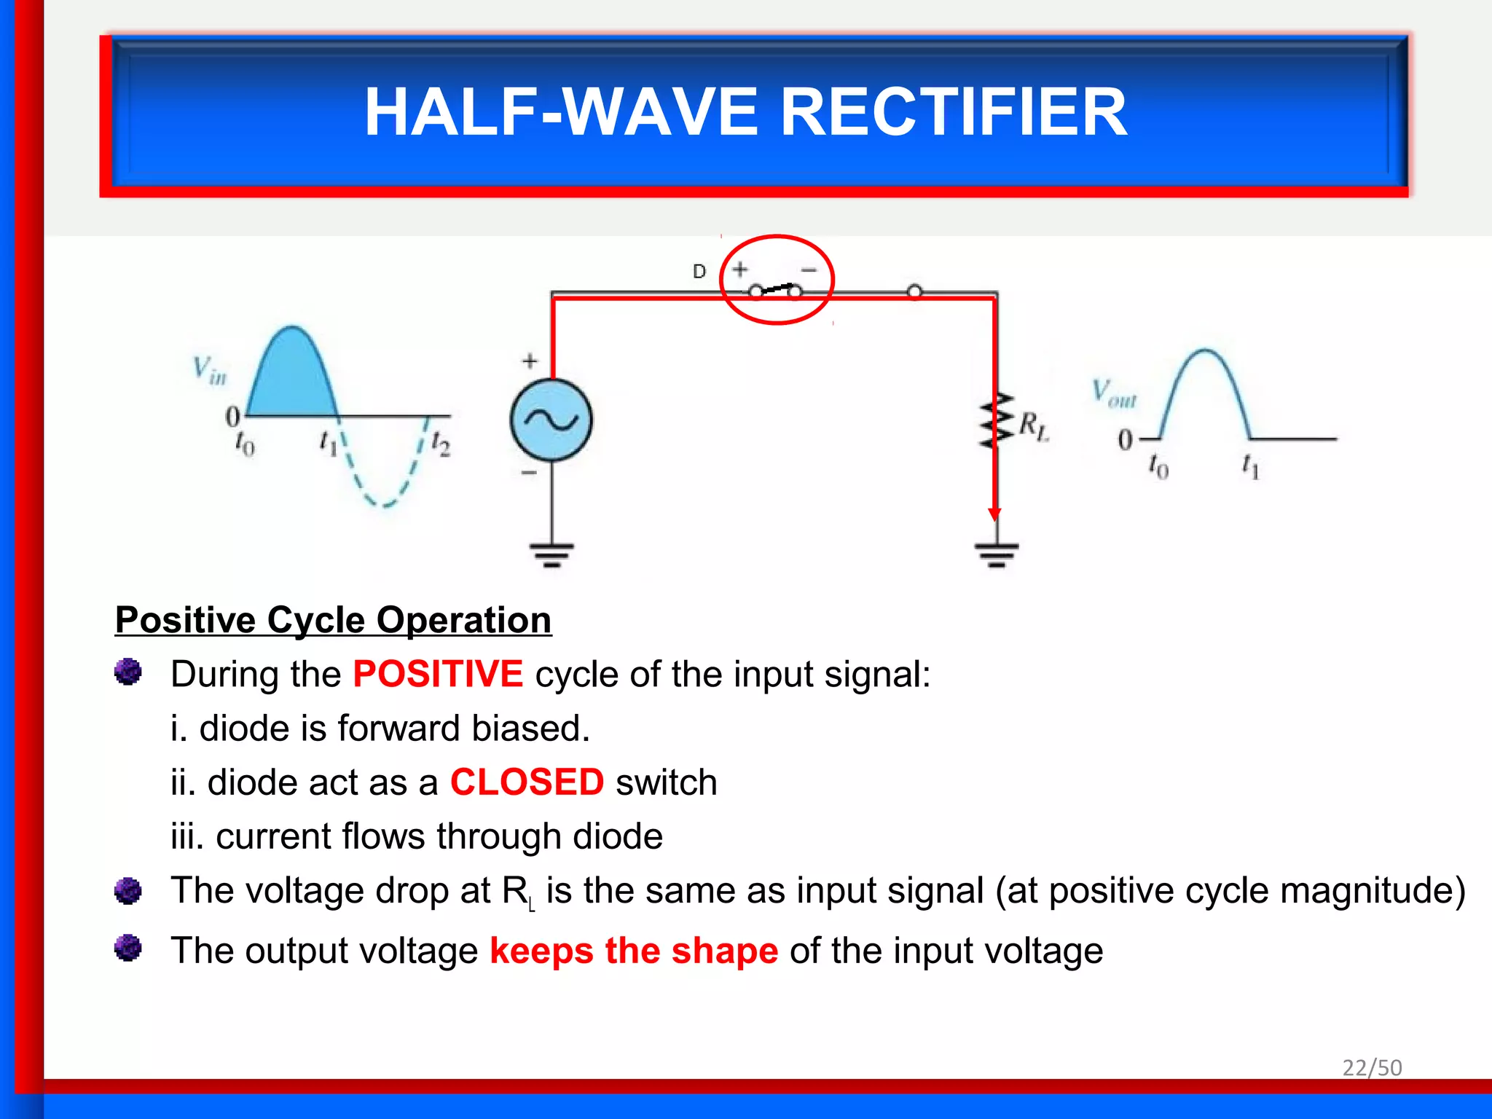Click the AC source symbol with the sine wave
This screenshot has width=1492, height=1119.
(x=551, y=420)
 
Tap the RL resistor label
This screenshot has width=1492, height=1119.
(x=1033, y=425)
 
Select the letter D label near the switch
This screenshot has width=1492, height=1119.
(x=699, y=272)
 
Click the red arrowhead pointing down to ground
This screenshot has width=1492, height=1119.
(x=994, y=514)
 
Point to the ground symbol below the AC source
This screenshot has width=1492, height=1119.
(x=551, y=554)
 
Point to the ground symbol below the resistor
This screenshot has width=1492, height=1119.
(x=997, y=554)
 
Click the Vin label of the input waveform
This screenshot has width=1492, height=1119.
(x=210, y=370)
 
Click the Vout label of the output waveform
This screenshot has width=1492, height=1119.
(x=1113, y=393)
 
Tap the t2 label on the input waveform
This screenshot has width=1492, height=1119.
(x=441, y=443)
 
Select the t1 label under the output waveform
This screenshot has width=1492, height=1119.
(x=1250, y=466)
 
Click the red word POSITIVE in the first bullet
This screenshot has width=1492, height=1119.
(x=438, y=674)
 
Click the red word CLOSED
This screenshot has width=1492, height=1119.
(x=527, y=782)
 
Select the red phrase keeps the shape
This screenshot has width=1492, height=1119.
(x=634, y=951)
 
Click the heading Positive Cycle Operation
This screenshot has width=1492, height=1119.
(x=333, y=621)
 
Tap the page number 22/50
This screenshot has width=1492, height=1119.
(x=1372, y=1067)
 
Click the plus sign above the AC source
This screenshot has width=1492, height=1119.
(x=530, y=361)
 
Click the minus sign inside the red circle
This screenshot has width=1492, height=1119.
(x=809, y=270)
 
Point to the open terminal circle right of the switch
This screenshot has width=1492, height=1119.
(x=915, y=292)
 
